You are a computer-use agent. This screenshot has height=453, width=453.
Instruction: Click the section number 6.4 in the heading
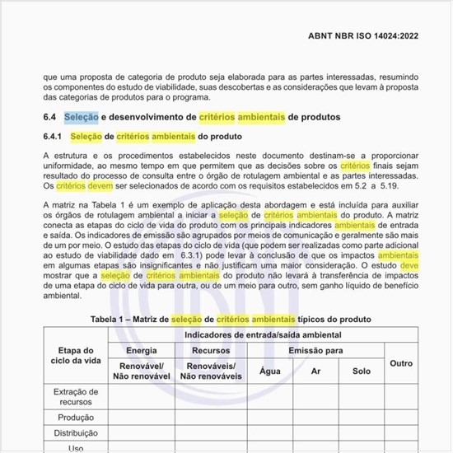point(50,117)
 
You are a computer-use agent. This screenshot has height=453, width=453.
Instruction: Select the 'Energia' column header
point(141,350)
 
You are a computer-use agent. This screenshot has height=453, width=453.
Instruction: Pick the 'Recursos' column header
point(212,350)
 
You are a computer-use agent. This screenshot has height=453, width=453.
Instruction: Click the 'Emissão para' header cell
point(315,350)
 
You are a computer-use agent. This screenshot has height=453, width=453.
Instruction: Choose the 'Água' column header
point(270,371)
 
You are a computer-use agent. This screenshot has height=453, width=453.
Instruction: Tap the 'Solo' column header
point(361,371)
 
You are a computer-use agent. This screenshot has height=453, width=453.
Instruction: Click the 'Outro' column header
point(401,363)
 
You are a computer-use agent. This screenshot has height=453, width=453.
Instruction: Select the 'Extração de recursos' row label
point(76,397)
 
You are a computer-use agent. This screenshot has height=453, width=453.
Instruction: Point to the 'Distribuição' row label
point(76,432)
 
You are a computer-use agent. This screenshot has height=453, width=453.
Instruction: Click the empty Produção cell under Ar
point(315,418)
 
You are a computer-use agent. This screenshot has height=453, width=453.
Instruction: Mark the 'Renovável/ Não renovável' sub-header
point(141,371)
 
